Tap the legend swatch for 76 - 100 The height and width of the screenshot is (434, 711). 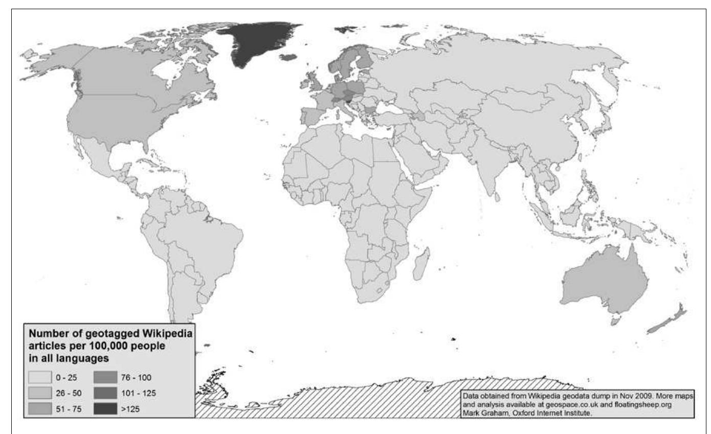pos(105,379)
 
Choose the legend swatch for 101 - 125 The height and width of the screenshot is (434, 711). pos(105,394)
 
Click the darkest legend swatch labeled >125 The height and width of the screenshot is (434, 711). pos(105,408)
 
